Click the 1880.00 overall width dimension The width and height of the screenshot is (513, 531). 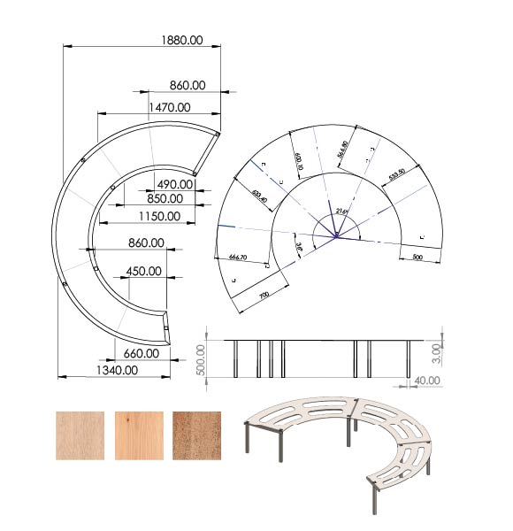point(180,40)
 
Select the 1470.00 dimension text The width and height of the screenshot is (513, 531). point(172,107)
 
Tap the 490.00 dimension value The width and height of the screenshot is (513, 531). point(174,183)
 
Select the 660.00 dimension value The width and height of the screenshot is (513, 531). point(141,353)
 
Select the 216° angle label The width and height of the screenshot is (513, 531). point(343,211)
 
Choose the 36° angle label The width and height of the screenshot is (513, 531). point(299,249)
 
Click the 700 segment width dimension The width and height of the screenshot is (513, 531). point(264,295)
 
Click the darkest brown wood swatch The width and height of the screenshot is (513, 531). point(197,435)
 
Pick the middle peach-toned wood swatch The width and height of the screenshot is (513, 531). point(139,435)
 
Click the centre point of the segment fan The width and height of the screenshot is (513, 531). point(335,236)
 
